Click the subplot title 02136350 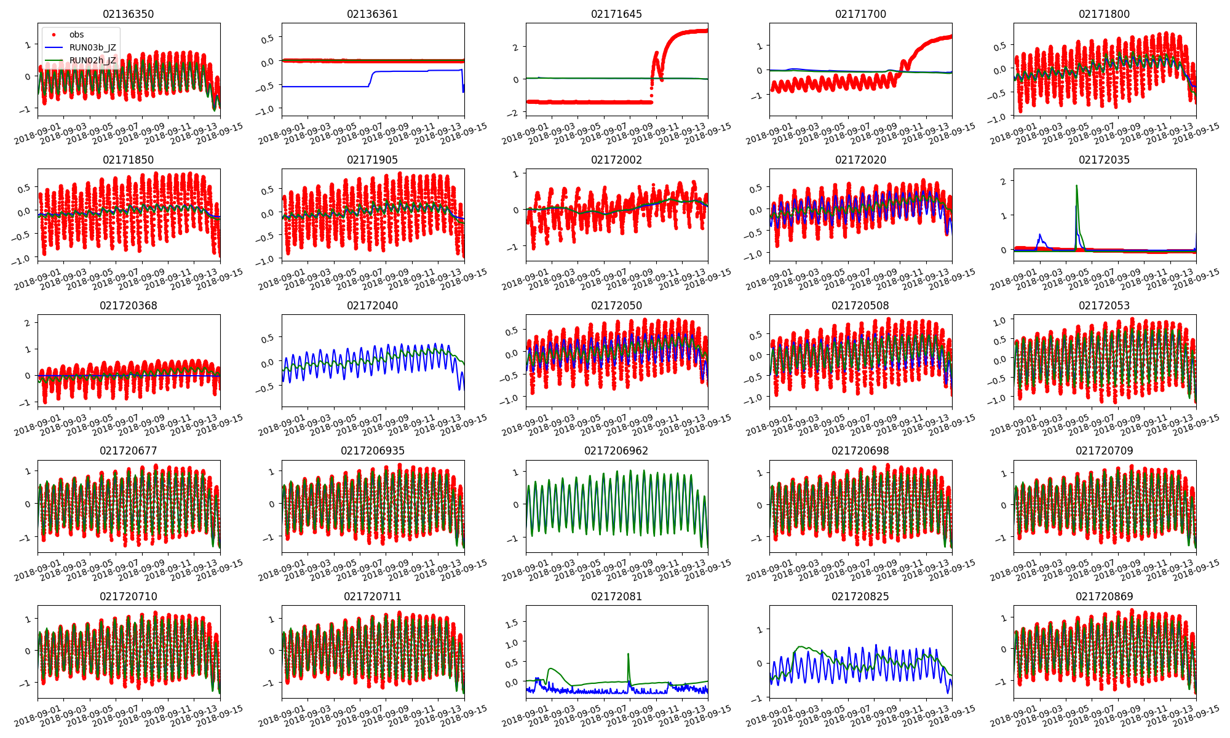pos(128,14)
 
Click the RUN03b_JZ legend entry pos(92,47)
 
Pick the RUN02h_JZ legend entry pos(92,60)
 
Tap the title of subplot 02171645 pos(616,14)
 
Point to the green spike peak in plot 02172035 pos(1076,186)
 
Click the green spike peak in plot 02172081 pos(628,654)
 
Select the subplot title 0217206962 pos(616,451)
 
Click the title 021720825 pos(860,597)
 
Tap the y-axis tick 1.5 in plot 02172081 pos(512,623)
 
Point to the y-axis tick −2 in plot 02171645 pos(514,113)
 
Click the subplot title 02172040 pos(372,306)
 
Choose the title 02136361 pos(372,14)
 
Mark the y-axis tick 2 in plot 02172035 pos(1003,181)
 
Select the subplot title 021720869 pos(1104,597)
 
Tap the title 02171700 pos(860,14)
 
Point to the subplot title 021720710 pos(128,597)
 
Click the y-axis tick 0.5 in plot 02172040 pos(268,339)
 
